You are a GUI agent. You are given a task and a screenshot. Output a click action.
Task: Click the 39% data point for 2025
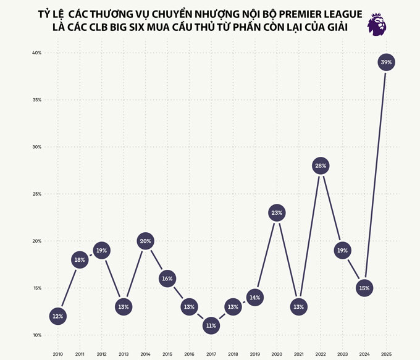[x=386, y=62]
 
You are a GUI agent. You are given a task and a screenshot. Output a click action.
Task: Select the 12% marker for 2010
[x=57, y=316]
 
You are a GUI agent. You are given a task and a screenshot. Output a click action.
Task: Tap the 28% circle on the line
[x=320, y=165]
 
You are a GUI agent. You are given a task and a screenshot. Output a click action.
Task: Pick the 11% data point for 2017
[x=211, y=325]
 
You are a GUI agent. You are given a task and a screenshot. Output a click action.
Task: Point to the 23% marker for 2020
[x=276, y=213]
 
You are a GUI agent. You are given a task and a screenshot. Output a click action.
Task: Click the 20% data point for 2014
[x=145, y=241]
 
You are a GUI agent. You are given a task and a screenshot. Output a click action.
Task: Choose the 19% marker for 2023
[x=342, y=251]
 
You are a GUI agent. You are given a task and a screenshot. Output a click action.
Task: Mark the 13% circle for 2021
[x=298, y=307]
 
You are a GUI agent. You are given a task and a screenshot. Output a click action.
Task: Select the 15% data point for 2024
[x=364, y=288]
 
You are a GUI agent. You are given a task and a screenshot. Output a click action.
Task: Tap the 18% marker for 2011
[x=80, y=260]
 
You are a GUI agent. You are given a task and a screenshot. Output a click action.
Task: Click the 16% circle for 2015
[x=167, y=278]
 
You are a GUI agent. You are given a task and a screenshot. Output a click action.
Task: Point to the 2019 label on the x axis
[x=254, y=354]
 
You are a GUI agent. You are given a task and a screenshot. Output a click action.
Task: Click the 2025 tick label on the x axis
[x=386, y=354]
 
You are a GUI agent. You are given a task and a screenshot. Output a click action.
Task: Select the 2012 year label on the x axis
[x=101, y=354]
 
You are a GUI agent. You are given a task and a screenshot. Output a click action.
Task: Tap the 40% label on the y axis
[x=37, y=53]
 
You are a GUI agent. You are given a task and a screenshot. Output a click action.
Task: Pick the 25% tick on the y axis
[x=37, y=194]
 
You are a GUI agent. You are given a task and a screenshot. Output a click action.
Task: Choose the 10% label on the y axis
[x=37, y=335]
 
